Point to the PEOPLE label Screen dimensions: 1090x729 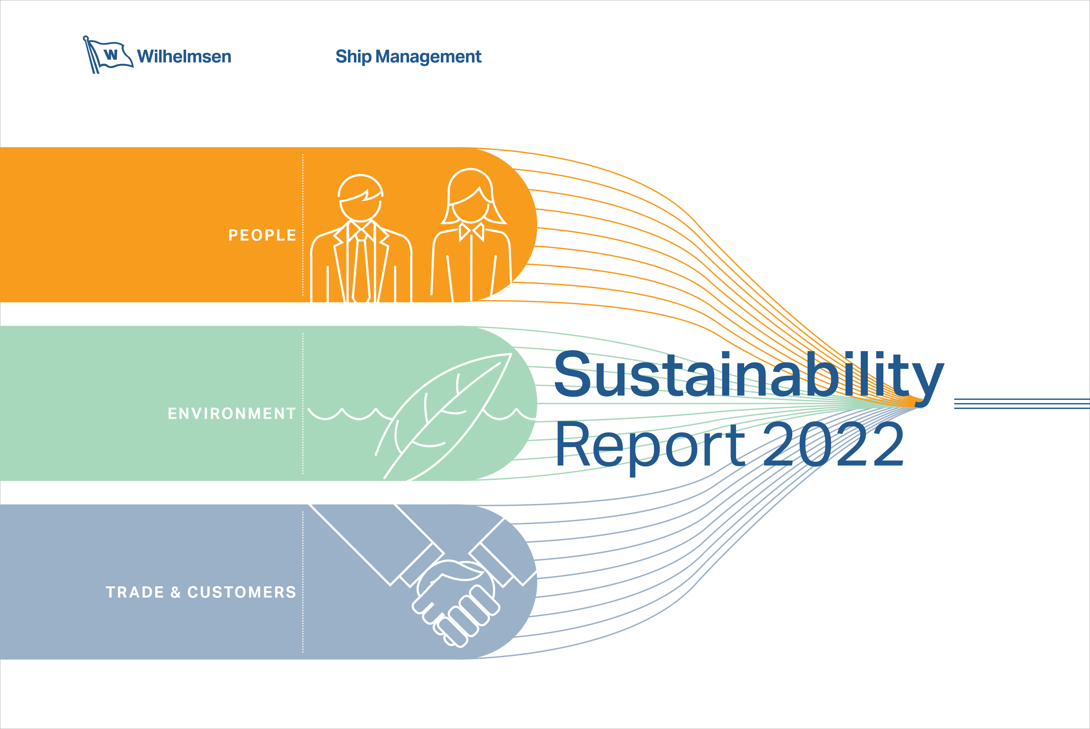click(262, 235)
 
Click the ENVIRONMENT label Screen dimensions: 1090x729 click(232, 413)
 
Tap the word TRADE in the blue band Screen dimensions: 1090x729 click(135, 592)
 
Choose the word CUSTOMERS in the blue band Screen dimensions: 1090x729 click(242, 592)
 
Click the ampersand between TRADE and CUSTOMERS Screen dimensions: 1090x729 click(176, 592)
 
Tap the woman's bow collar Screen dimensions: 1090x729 click(471, 232)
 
